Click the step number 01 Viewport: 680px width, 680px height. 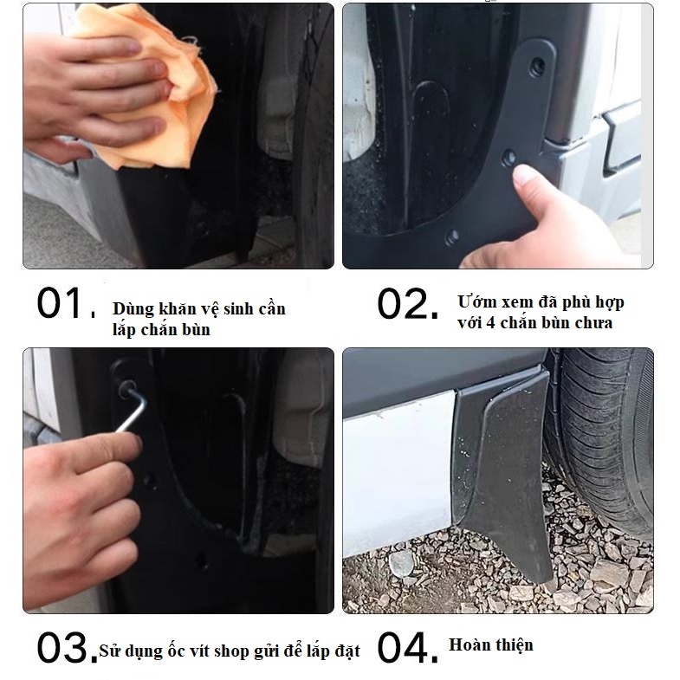click(x=66, y=303)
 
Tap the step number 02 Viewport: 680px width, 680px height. click(x=408, y=304)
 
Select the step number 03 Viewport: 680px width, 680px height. click(x=68, y=646)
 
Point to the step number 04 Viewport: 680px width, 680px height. click(x=408, y=647)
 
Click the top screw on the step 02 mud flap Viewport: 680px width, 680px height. click(x=538, y=65)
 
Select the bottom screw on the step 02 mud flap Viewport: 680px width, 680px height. click(x=452, y=236)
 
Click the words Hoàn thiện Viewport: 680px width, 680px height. click(x=491, y=644)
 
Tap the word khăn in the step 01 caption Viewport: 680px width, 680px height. click(x=178, y=308)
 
